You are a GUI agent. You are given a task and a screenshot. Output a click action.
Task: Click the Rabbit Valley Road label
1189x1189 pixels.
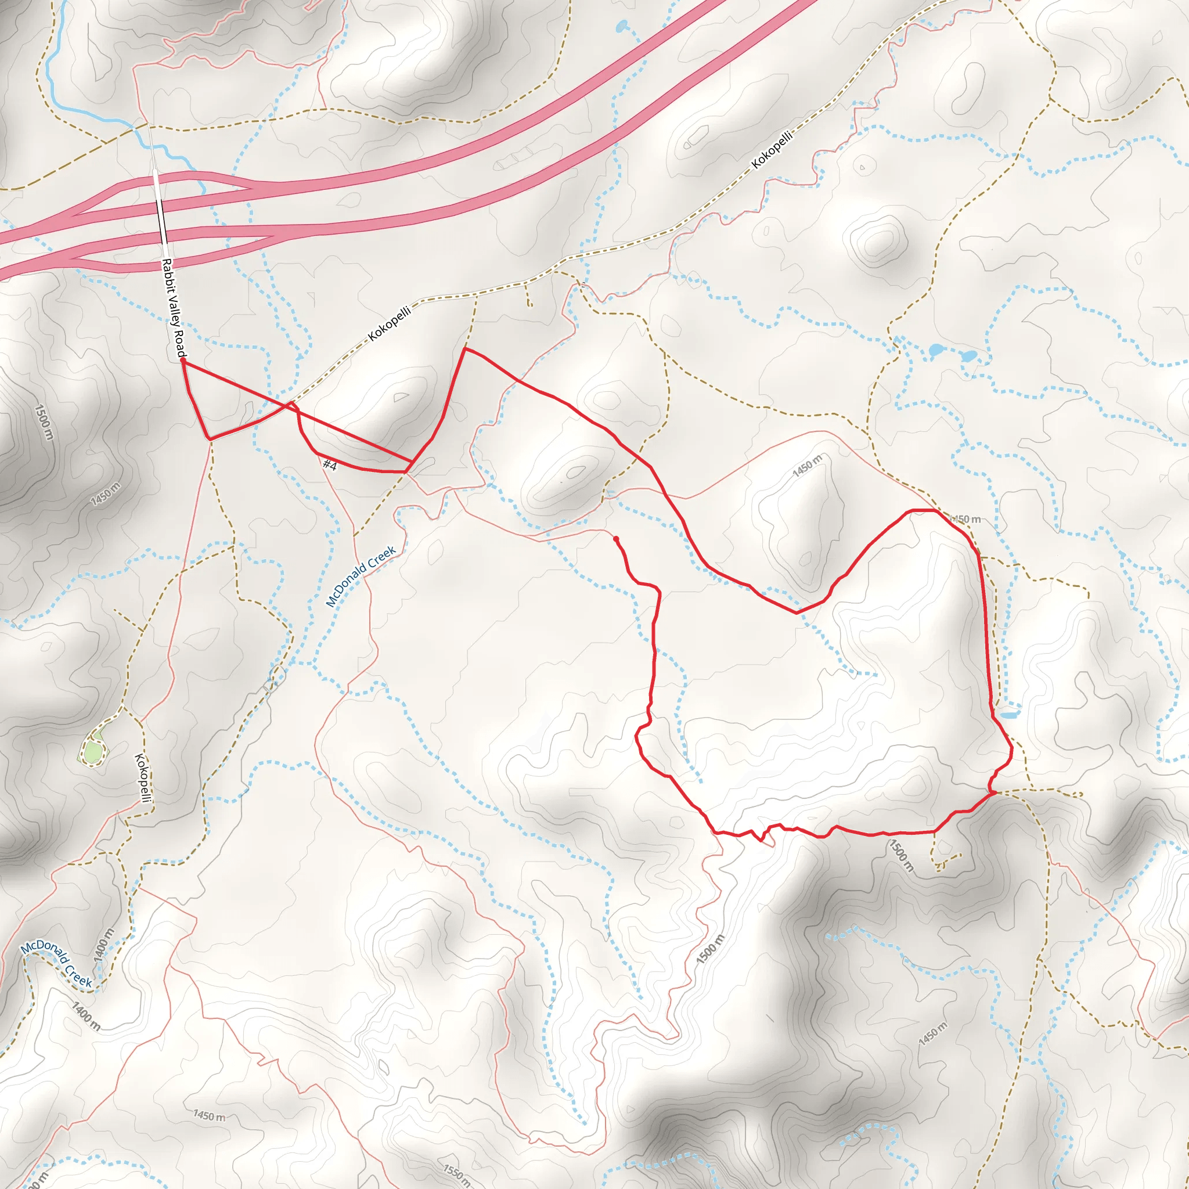click(x=173, y=308)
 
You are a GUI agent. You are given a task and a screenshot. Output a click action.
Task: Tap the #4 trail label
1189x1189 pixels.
click(x=330, y=465)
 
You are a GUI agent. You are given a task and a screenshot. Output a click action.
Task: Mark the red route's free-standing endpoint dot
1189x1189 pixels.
click(x=616, y=539)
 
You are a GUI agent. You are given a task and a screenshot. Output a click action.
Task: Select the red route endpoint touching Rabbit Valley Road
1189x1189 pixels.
click(x=183, y=362)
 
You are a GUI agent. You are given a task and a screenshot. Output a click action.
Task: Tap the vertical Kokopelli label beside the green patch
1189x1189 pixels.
click(x=143, y=779)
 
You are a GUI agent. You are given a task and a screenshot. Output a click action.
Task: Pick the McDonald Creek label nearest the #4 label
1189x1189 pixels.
click(x=361, y=577)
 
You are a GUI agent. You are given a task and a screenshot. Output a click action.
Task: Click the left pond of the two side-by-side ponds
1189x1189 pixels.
click(x=936, y=351)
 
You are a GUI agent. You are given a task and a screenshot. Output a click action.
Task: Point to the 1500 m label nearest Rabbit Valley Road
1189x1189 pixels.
click(x=44, y=422)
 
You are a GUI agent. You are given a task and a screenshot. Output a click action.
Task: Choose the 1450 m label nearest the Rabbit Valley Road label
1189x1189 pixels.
click(x=105, y=495)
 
